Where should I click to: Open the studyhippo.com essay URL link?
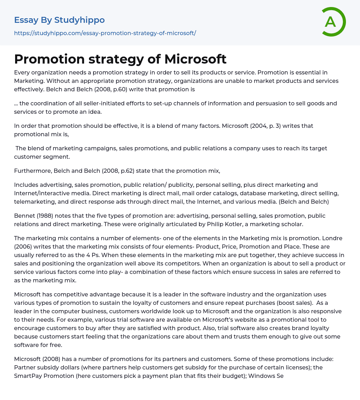point(105,33)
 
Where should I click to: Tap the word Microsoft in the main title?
point(195,59)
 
